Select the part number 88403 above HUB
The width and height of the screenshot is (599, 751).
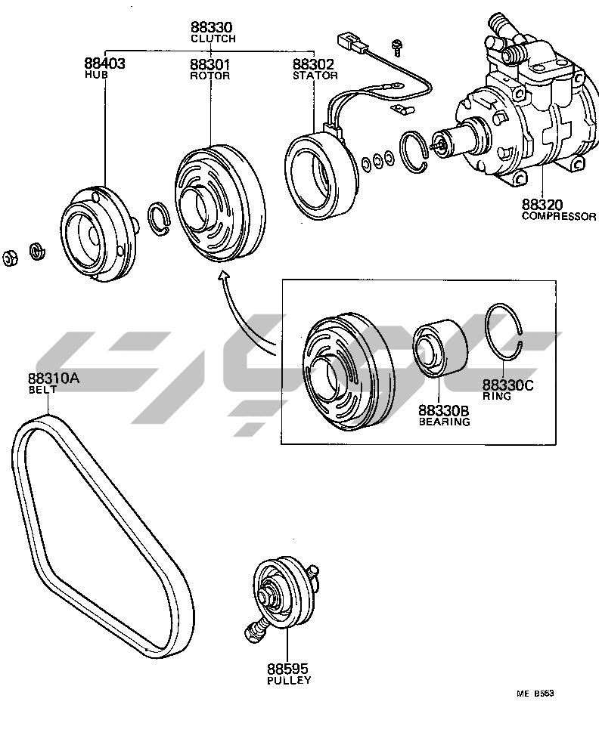[104, 65]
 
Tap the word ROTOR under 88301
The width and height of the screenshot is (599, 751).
[210, 76]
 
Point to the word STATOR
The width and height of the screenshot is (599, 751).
[315, 76]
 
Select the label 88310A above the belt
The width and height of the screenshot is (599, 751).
[54, 379]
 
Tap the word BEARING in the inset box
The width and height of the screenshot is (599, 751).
[445, 422]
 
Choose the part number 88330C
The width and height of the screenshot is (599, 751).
[508, 385]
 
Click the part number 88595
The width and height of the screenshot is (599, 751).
[288, 669]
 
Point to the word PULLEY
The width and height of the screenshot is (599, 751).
[288, 680]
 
